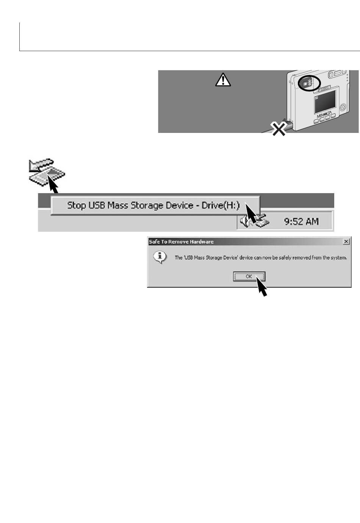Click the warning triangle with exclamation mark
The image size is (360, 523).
click(223, 80)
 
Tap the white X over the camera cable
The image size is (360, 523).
click(278, 129)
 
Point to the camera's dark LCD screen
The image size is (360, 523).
click(325, 102)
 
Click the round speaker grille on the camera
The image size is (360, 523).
click(343, 108)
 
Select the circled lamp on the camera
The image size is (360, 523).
click(309, 83)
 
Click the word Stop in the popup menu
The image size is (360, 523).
click(77, 206)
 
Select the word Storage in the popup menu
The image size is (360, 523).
click(147, 206)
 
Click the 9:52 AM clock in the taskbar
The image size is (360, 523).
click(301, 221)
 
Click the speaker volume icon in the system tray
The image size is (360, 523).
click(244, 221)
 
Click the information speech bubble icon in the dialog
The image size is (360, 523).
click(160, 257)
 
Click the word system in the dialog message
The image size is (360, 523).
click(340, 258)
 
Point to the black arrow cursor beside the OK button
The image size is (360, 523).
click(261, 286)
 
